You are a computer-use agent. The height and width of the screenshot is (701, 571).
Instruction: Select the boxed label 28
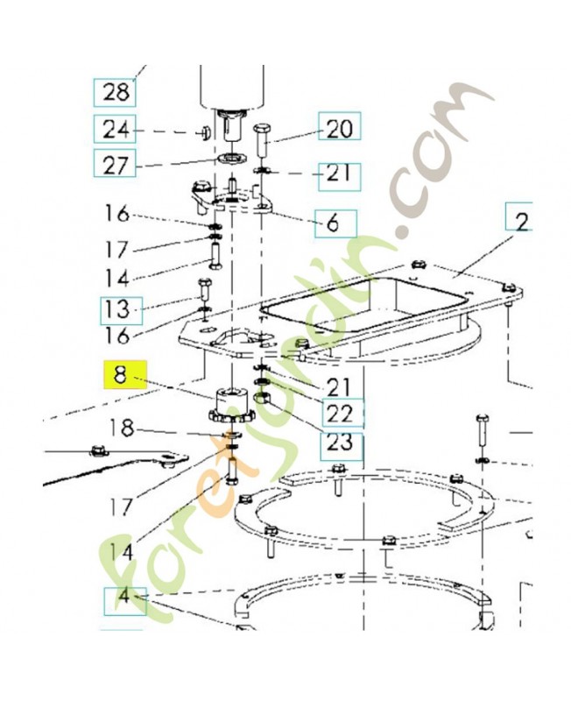[115, 90]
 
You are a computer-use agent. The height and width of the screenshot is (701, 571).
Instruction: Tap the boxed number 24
[115, 130]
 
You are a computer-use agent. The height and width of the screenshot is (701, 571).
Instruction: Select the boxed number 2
[522, 222]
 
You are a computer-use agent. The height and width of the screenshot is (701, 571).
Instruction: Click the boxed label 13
[116, 308]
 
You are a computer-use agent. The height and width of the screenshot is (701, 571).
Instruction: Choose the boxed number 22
[339, 412]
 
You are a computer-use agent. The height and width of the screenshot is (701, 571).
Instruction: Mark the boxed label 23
[339, 441]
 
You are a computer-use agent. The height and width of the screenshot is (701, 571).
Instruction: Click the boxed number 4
[123, 598]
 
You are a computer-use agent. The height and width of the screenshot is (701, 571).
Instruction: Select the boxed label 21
[339, 173]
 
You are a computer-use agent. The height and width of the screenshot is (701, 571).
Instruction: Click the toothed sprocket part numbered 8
[230, 405]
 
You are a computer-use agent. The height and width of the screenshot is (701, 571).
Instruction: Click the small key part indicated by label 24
[202, 131]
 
